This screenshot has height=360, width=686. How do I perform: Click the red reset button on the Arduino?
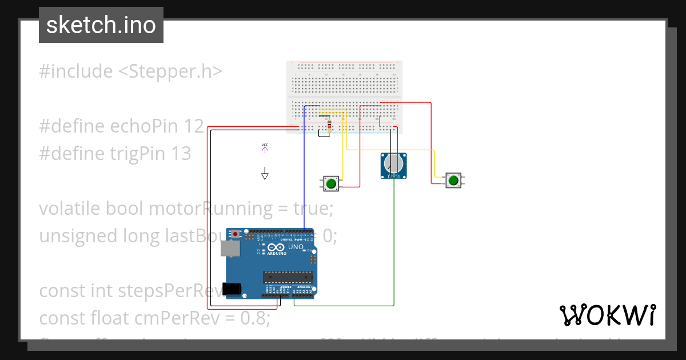tap(236, 233)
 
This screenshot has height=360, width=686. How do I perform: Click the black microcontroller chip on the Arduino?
tap(288, 277)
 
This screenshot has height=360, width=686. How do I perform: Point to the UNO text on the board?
tap(296, 247)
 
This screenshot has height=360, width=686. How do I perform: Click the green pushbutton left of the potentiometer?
tap(331, 183)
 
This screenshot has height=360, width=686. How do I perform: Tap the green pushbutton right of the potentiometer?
tap(453, 181)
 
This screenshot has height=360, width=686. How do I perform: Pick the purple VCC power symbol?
tap(265, 148)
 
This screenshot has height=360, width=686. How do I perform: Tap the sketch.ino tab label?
tap(101, 25)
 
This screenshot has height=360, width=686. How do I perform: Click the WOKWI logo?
tap(607, 315)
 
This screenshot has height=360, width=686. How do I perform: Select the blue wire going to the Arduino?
tap(304, 171)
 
